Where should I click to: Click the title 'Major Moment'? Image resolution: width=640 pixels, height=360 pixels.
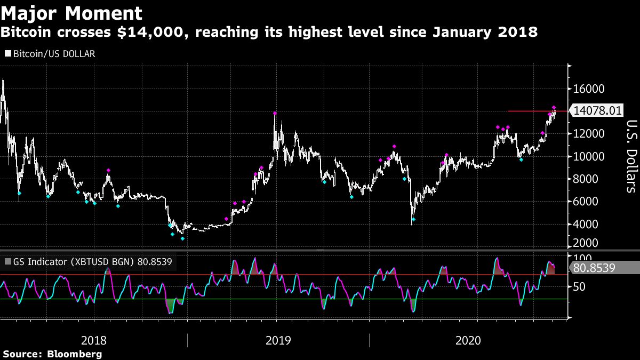[72, 13]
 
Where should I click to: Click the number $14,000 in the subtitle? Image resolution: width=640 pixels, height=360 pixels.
[157, 33]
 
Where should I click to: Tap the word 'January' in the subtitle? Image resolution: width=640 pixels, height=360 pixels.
[462, 33]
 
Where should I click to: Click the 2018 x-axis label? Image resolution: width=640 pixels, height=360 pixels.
[94, 340]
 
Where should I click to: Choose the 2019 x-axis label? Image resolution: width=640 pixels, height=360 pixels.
[278, 340]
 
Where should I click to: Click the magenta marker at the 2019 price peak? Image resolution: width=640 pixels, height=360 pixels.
[275, 114]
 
